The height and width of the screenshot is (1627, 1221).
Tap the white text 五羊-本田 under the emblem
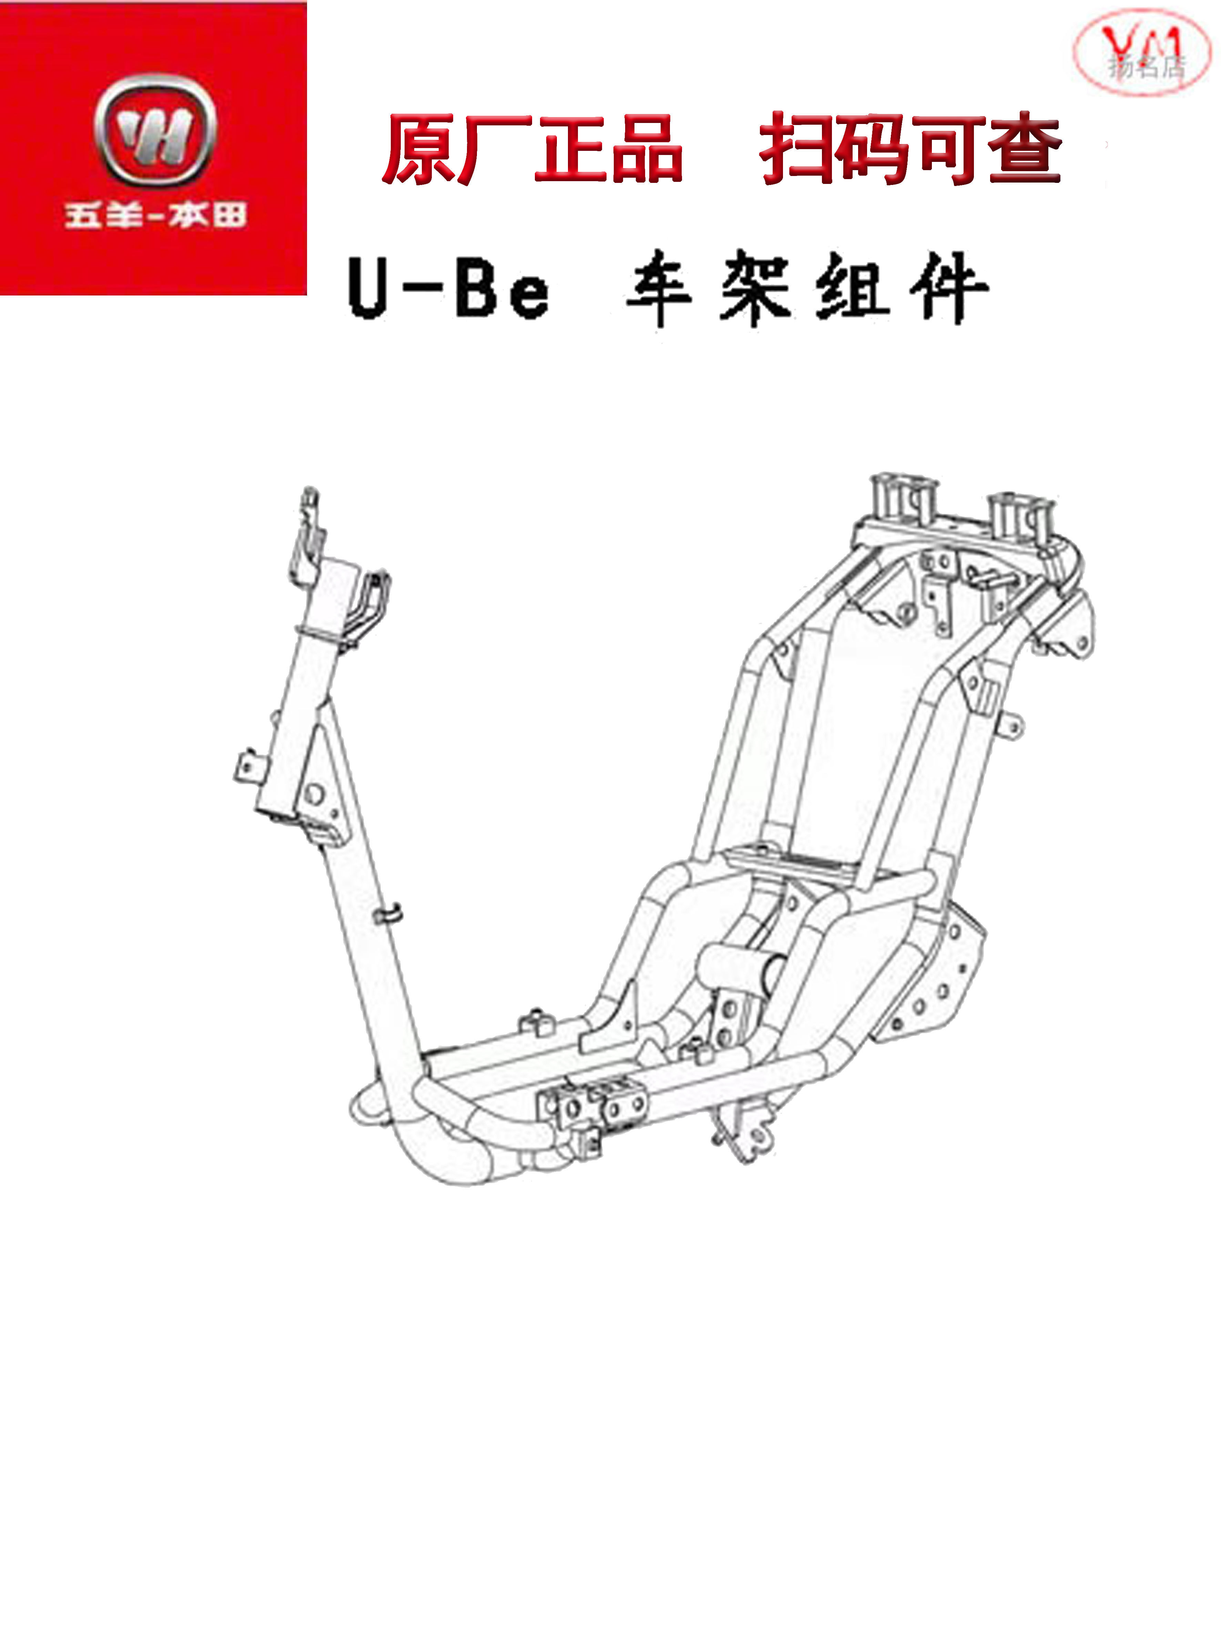[154, 216]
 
